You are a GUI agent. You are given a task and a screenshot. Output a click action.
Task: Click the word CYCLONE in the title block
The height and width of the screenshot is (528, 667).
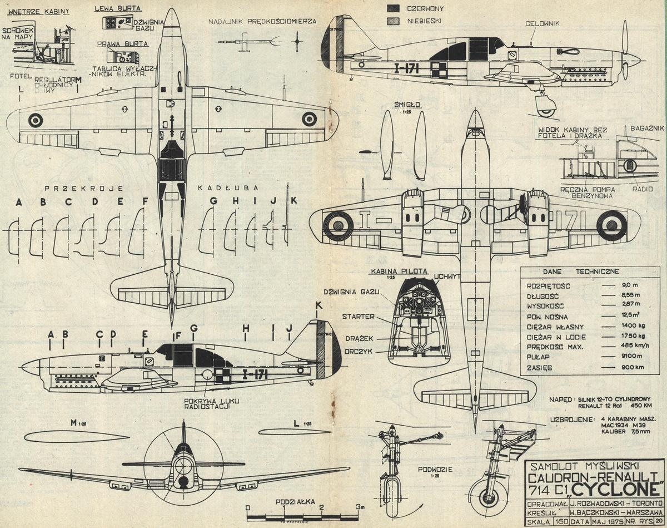[x=616, y=490]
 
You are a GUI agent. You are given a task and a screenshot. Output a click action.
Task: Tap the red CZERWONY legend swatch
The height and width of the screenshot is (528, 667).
[x=394, y=8]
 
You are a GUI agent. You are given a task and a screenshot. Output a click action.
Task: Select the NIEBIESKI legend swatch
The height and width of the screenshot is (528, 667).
[x=394, y=21]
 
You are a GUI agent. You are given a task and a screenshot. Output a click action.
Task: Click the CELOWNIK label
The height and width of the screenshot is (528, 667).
[x=543, y=23]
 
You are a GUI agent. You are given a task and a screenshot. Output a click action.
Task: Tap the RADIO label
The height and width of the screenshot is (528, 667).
[x=644, y=189]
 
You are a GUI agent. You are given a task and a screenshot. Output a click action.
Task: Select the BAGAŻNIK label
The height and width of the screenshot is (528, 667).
[x=648, y=129]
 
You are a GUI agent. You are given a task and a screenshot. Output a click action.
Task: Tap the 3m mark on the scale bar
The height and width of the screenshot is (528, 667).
[x=360, y=507]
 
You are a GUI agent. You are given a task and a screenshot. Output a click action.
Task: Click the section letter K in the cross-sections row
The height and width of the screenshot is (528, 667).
[x=294, y=200]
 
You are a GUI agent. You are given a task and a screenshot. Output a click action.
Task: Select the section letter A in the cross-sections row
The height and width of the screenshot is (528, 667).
[x=19, y=201]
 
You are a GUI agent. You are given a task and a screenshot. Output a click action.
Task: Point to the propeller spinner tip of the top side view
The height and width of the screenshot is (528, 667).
[x=640, y=58]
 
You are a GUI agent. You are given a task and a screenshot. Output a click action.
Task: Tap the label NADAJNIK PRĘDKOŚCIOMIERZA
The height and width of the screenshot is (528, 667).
[x=262, y=21]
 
